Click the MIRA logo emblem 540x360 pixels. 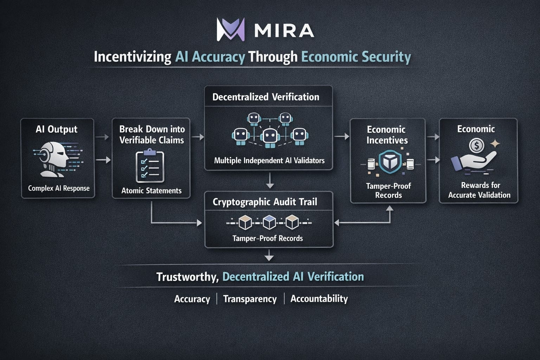[231, 30]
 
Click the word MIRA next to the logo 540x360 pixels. [284, 31]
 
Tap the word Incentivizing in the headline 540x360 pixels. [133, 57]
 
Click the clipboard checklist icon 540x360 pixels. [150, 167]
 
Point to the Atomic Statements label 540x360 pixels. [152, 191]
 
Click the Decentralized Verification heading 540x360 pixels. [266, 97]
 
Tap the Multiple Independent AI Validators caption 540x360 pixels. [269, 161]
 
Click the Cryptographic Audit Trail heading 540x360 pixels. [265, 202]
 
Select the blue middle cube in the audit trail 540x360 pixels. [269, 222]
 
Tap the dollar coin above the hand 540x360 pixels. [476, 145]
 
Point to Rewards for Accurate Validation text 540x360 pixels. [480, 190]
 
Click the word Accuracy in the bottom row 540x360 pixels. [192, 299]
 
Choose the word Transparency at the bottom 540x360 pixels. [250, 299]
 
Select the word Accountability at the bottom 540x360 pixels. [319, 299]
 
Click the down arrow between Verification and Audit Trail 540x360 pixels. [270, 181]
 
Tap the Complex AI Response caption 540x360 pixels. [59, 188]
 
